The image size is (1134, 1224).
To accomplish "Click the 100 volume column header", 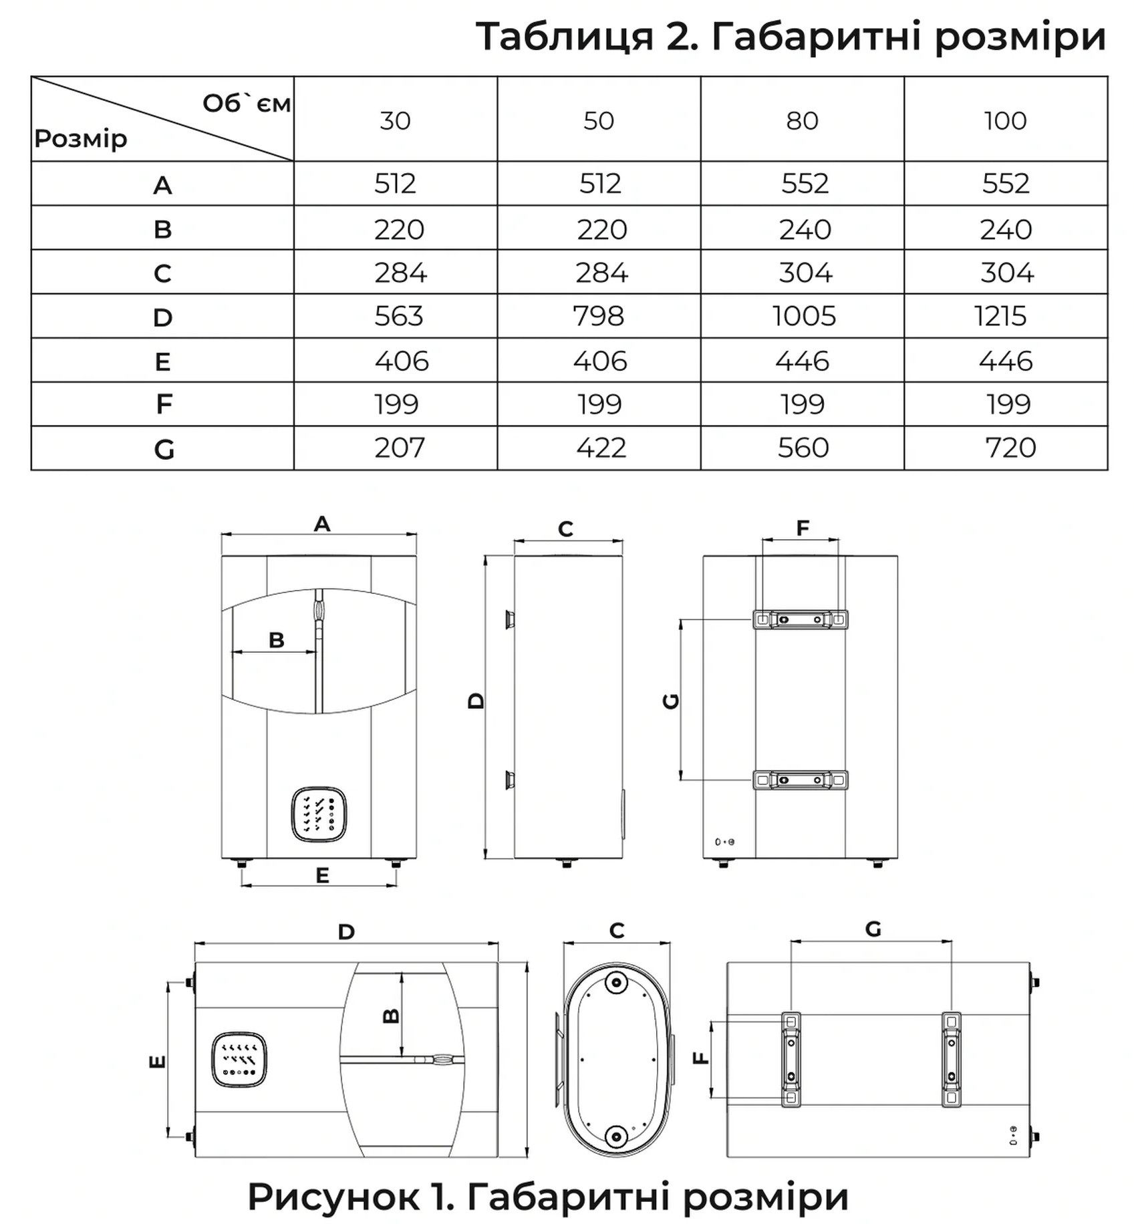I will tap(1004, 121).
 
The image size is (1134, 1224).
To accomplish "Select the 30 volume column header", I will tap(395, 121).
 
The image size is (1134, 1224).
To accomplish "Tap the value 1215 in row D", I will tap(1000, 316).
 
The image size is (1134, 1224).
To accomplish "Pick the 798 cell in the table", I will tap(598, 316).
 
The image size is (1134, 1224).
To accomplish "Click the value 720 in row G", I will tap(1010, 448).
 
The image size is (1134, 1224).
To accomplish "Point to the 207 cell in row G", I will tap(399, 448).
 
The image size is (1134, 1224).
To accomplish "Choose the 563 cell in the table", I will tap(398, 316).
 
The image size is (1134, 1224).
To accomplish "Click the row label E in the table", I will tap(162, 361).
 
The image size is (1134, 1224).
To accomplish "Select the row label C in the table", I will tap(162, 273).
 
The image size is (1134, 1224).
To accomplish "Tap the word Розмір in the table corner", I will tap(81, 139).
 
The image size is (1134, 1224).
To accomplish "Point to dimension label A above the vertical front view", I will tap(322, 524).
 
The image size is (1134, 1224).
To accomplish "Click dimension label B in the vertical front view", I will tap(276, 640).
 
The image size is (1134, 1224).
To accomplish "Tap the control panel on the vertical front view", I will tap(319, 814).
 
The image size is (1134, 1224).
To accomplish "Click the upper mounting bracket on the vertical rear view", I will tap(800, 619).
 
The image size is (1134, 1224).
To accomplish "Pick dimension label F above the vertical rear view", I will tap(803, 528).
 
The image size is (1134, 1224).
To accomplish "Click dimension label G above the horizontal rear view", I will tap(873, 929).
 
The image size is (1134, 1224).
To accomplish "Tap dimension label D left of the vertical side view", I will tap(476, 701).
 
